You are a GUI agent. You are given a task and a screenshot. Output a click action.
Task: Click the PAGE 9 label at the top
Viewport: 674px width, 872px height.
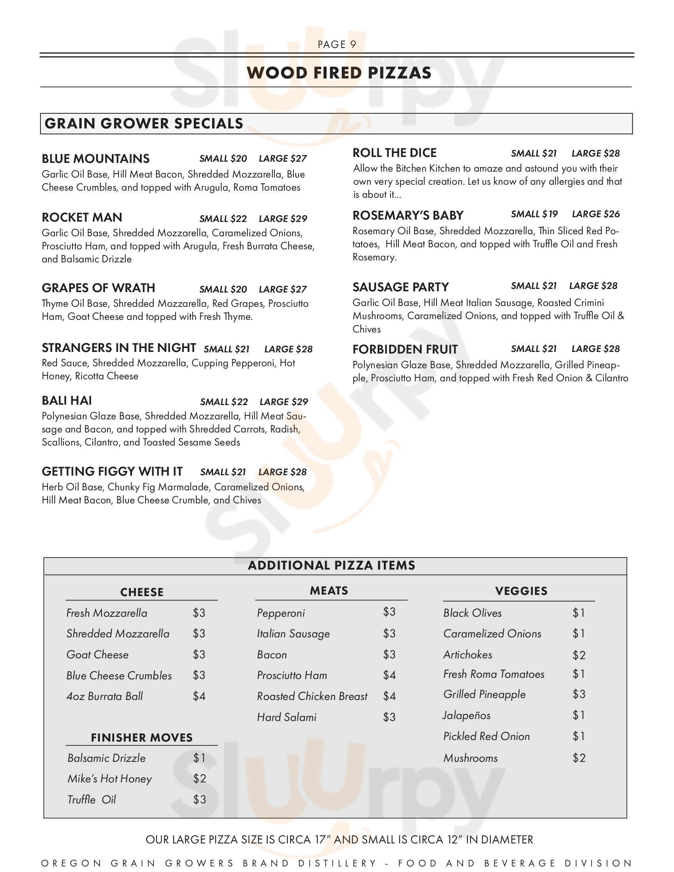tap(337, 44)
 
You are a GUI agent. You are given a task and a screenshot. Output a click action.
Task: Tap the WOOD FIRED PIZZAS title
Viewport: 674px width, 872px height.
tap(339, 73)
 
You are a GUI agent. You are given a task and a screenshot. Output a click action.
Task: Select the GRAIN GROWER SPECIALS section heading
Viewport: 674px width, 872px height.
tap(144, 123)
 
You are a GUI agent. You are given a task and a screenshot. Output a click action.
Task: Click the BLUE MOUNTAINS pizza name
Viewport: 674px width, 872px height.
tap(96, 159)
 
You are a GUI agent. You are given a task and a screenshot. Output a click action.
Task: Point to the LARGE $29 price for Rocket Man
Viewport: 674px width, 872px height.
tap(283, 219)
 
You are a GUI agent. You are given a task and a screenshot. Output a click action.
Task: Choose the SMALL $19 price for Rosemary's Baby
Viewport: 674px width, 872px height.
tap(534, 214)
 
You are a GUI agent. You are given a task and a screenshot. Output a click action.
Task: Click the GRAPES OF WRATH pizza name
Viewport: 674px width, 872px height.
tap(98, 288)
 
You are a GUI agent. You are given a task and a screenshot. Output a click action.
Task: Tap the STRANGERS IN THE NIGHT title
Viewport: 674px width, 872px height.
tap(119, 348)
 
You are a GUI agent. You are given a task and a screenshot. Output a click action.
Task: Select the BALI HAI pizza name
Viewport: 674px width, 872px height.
tap(67, 401)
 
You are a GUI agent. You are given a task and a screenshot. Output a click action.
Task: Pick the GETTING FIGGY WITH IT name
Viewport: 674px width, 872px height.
tap(112, 472)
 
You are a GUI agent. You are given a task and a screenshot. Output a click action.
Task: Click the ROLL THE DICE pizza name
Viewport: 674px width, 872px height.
tap(394, 153)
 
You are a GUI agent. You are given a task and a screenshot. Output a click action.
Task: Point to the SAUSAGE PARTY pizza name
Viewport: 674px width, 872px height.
tap(400, 287)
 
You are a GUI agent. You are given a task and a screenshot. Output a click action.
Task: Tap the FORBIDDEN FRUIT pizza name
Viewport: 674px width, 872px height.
tap(405, 349)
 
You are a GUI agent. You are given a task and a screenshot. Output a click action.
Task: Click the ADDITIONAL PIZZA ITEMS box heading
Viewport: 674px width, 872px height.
tap(331, 565)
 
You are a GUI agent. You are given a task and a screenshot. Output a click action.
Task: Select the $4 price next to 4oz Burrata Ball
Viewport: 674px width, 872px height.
tap(199, 696)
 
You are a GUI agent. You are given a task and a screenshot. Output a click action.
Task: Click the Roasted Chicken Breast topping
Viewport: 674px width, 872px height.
tap(312, 696)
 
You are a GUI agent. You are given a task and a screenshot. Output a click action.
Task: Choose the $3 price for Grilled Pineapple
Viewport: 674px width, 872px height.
tap(578, 694)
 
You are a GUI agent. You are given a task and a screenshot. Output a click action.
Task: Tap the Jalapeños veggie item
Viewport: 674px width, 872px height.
tap(466, 715)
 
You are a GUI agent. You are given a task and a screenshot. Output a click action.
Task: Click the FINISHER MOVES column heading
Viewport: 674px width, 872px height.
tap(142, 738)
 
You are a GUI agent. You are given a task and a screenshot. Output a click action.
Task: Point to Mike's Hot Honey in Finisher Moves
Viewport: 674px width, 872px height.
tap(109, 778)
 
